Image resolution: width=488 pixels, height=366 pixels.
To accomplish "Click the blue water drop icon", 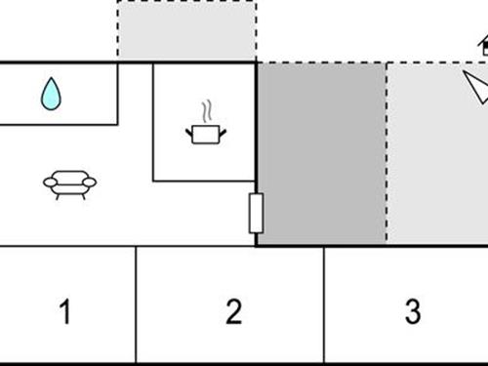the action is [51, 94].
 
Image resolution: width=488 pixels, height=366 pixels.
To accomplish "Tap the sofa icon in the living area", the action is [70, 183].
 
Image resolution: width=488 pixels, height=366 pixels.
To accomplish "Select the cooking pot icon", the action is [205, 132].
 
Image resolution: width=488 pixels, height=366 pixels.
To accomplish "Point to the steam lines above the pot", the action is [205, 109].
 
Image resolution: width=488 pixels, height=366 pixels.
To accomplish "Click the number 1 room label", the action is [65, 313].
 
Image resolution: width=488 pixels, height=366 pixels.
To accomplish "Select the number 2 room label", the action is [232, 313].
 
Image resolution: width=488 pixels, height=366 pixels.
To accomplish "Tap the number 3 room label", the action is [412, 313].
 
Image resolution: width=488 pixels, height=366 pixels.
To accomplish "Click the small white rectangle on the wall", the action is [256, 213].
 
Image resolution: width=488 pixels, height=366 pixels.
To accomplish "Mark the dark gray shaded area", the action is [321, 153].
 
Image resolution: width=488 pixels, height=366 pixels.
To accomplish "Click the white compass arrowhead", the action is [476, 88].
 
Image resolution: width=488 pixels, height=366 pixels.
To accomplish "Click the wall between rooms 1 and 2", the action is [136, 305].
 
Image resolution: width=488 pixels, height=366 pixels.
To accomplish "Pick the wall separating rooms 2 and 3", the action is [324, 305].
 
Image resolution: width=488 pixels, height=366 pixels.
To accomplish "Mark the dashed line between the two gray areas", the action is [386, 153].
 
